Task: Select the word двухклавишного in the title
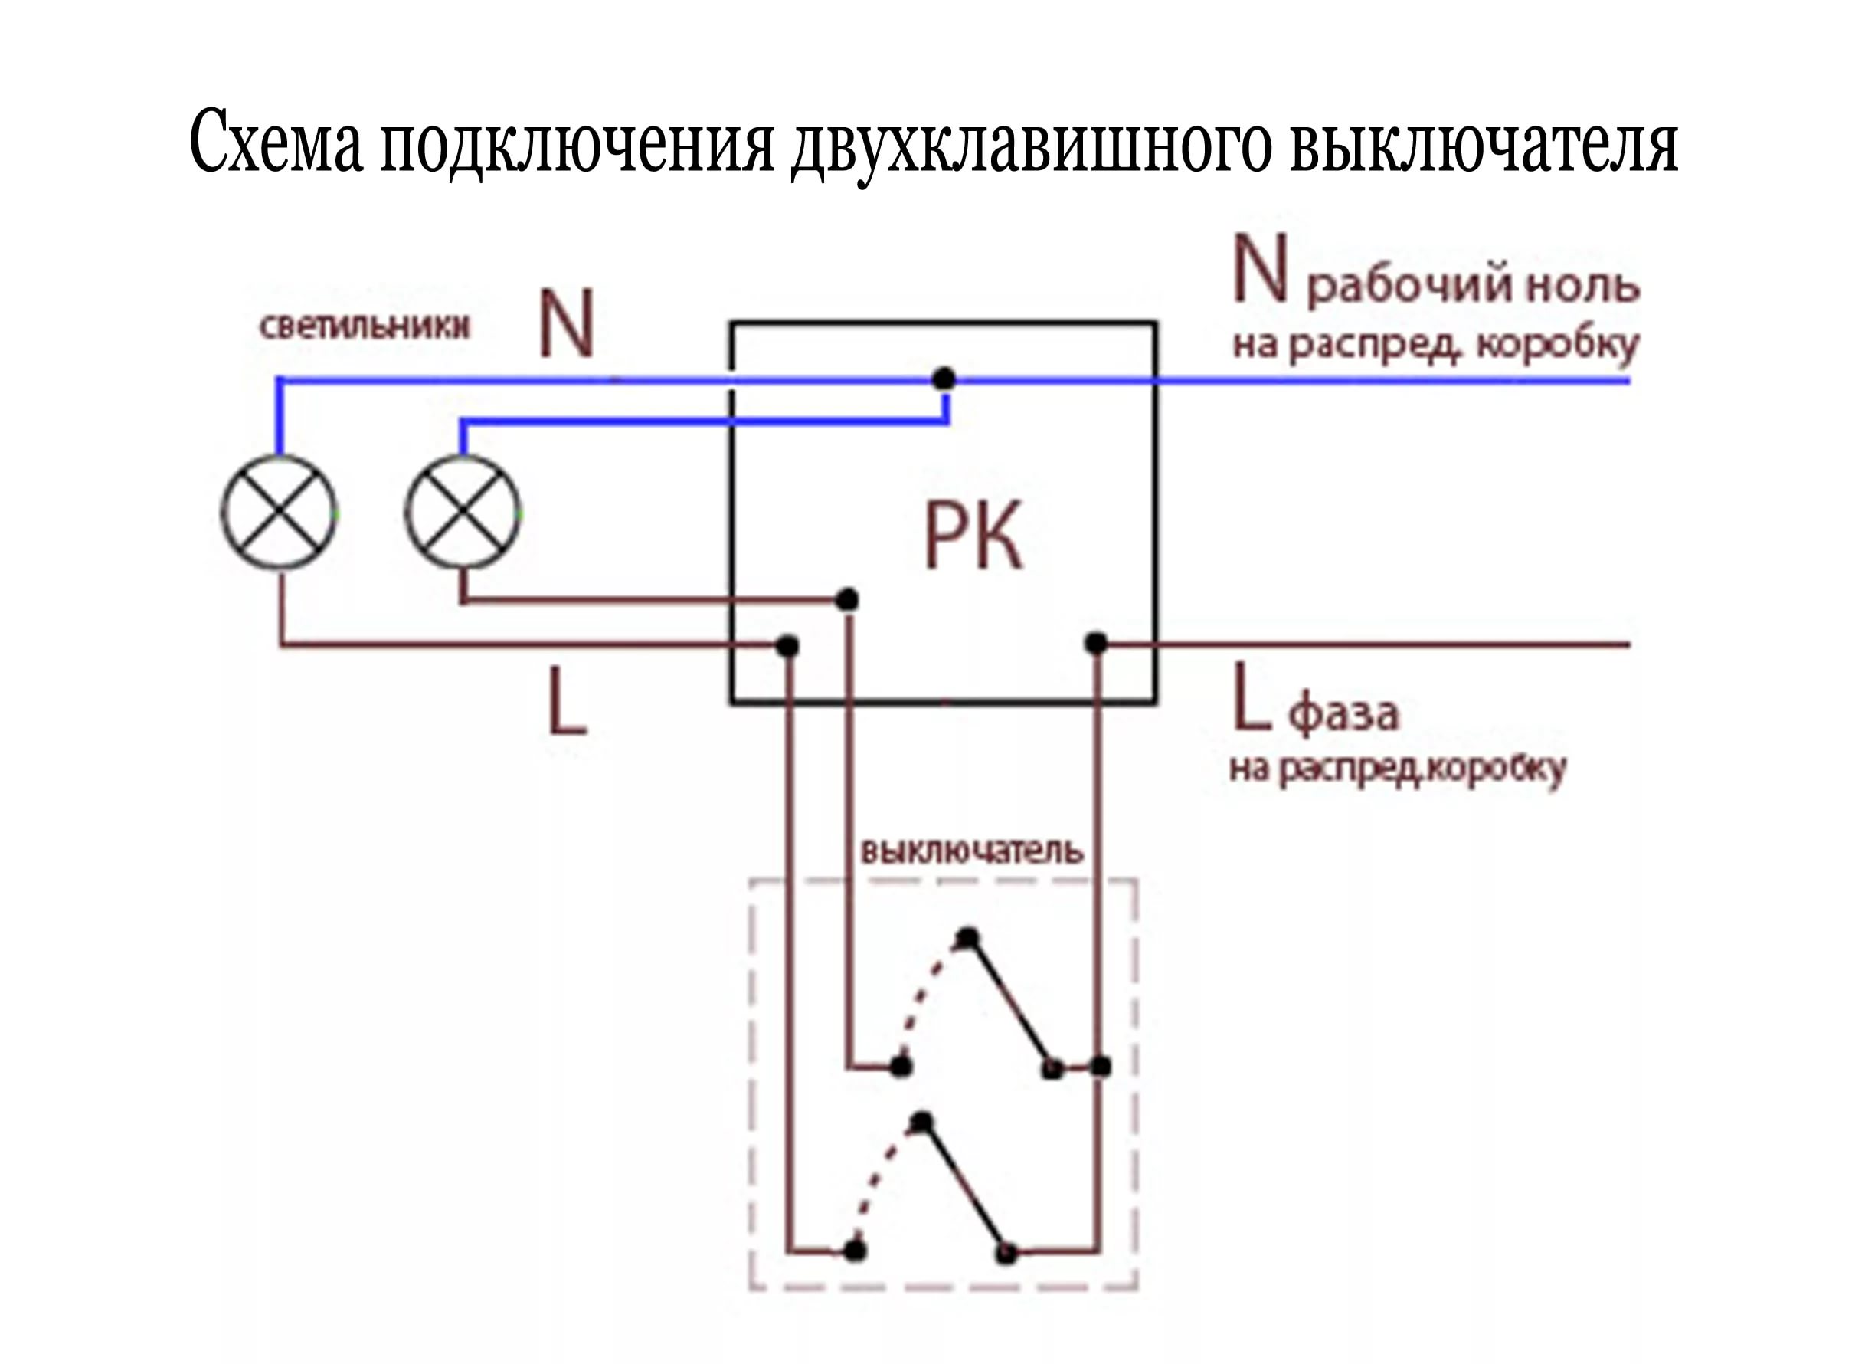pyautogui.click(x=1030, y=147)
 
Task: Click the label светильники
pyautogui.click(x=364, y=326)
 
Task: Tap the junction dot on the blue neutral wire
pyautogui.click(x=944, y=379)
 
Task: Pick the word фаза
pyautogui.click(x=1343, y=713)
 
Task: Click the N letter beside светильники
pyautogui.click(x=566, y=323)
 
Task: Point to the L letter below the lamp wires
pyautogui.click(x=568, y=701)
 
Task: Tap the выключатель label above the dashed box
pyautogui.click(x=971, y=851)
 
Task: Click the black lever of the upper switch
pyautogui.click(x=1010, y=1002)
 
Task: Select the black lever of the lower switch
pyautogui.click(x=964, y=1188)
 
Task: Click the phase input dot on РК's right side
pyautogui.click(x=1096, y=642)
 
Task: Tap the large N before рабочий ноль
pyautogui.click(x=1260, y=268)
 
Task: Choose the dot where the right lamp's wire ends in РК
pyautogui.click(x=846, y=599)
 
